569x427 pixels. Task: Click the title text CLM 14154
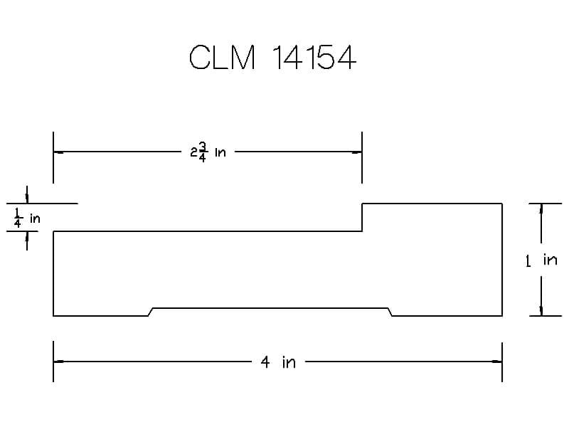click(272, 58)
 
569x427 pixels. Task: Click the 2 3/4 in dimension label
click(208, 152)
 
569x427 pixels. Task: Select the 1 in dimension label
click(541, 260)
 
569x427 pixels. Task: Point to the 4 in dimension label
click(277, 362)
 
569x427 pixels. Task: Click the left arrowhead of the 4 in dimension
click(58, 362)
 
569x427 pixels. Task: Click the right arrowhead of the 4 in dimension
click(498, 362)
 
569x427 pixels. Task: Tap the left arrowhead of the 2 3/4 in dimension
click(58, 152)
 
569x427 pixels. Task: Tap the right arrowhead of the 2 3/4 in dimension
click(358, 152)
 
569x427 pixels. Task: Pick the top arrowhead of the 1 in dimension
click(541, 209)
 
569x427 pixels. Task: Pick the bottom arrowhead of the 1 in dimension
click(541, 310)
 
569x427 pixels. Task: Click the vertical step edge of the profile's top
click(363, 217)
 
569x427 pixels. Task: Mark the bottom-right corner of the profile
click(502, 315)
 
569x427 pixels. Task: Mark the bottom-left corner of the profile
click(53, 315)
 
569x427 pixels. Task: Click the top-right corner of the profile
click(502, 204)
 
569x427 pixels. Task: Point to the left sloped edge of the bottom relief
click(151, 312)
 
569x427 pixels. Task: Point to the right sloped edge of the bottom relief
click(391, 312)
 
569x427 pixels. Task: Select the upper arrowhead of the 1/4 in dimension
click(27, 199)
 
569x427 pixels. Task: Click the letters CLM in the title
click(222, 58)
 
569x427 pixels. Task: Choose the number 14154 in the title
click(314, 58)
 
